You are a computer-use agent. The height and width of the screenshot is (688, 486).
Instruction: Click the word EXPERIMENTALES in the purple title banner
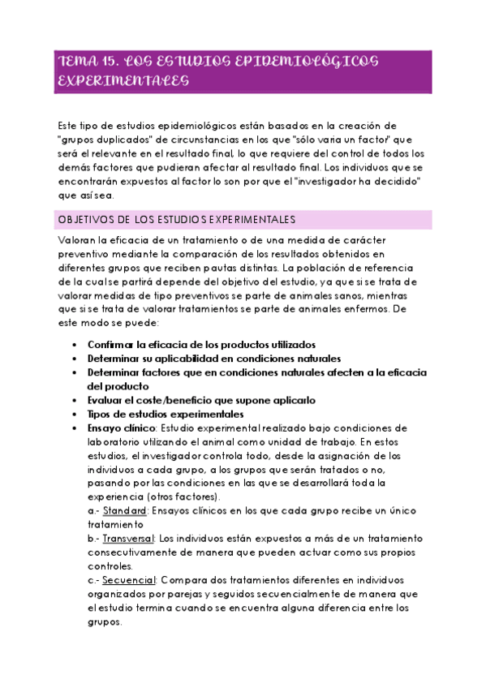(123, 82)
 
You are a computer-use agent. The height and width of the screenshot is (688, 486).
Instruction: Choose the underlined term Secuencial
(129, 580)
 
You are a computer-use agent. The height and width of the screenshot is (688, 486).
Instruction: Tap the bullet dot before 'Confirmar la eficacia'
(75, 344)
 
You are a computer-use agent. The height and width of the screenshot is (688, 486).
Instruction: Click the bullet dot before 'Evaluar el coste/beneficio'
(75, 400)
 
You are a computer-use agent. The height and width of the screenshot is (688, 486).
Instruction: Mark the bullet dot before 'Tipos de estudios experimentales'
(75, 414)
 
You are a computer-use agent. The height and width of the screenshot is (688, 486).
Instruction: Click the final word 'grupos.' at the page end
(104, 622)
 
